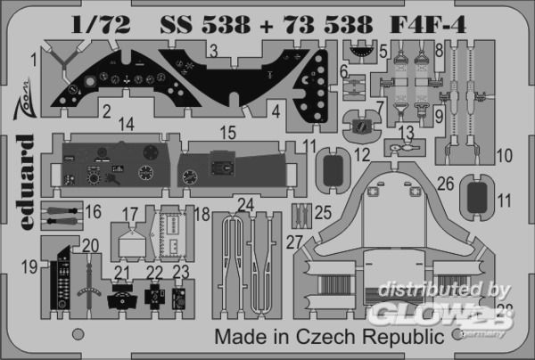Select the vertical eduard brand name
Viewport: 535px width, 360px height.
tap(24, 172)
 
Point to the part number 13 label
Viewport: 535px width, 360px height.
tap(407, 133)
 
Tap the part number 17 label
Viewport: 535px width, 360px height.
tap(130, 213)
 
